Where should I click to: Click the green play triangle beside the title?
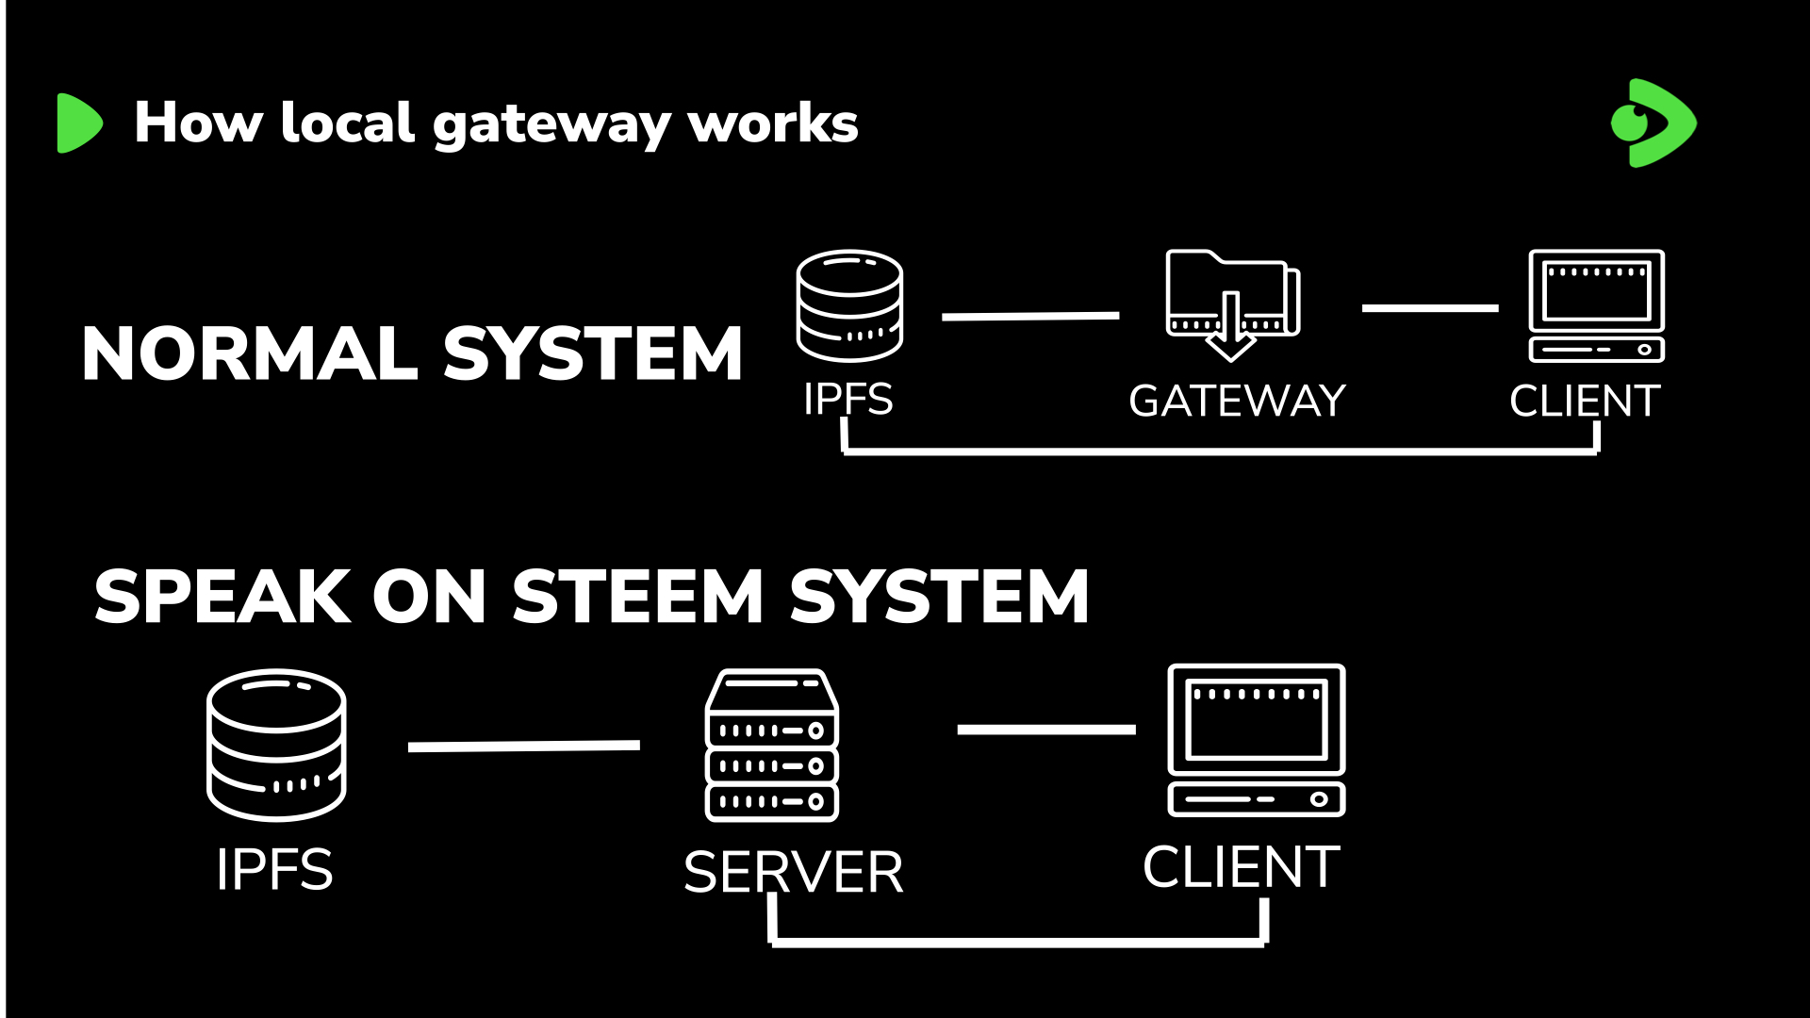pos(78,123)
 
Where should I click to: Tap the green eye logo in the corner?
pos(1653,123)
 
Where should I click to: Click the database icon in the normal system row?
pos(849,305)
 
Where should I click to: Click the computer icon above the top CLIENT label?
pos(1596,305)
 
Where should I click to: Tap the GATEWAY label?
pos(1237,402)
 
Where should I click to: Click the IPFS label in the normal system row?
pos(847,400)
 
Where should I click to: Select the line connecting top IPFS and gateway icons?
pos(1030,317)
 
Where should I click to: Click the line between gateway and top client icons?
pos(1430,308)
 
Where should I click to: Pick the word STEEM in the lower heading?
pos(637,597)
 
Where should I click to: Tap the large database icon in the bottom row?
pos(276,745)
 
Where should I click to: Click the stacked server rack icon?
pos(772,745)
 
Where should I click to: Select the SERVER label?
pos(793,873)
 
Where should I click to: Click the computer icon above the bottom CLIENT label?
pos(1257,740)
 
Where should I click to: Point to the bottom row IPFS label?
pos(274,869)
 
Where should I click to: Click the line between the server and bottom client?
pos(1046,730)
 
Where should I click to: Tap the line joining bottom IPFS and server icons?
pos(524,746)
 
